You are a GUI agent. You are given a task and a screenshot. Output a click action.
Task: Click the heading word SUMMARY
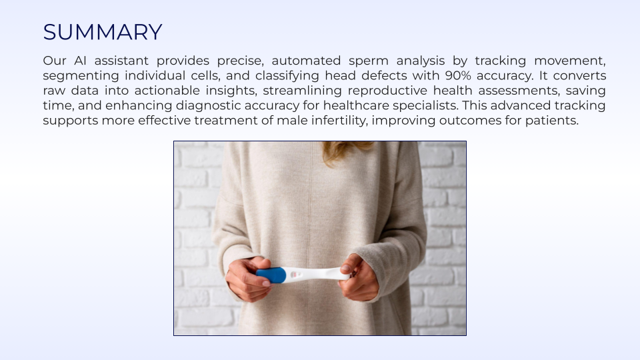(103, 32)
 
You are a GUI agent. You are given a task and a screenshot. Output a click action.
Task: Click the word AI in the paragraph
(80, 61)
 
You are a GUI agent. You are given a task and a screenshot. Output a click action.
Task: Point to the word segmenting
(81, 76)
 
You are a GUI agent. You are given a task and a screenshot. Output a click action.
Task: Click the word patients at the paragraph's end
(552, 121)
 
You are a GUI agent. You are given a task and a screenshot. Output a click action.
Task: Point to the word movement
(570, 61)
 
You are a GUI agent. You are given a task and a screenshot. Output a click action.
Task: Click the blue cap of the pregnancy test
(271, 275)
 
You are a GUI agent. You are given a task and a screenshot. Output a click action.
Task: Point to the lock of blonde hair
(345, 152)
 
